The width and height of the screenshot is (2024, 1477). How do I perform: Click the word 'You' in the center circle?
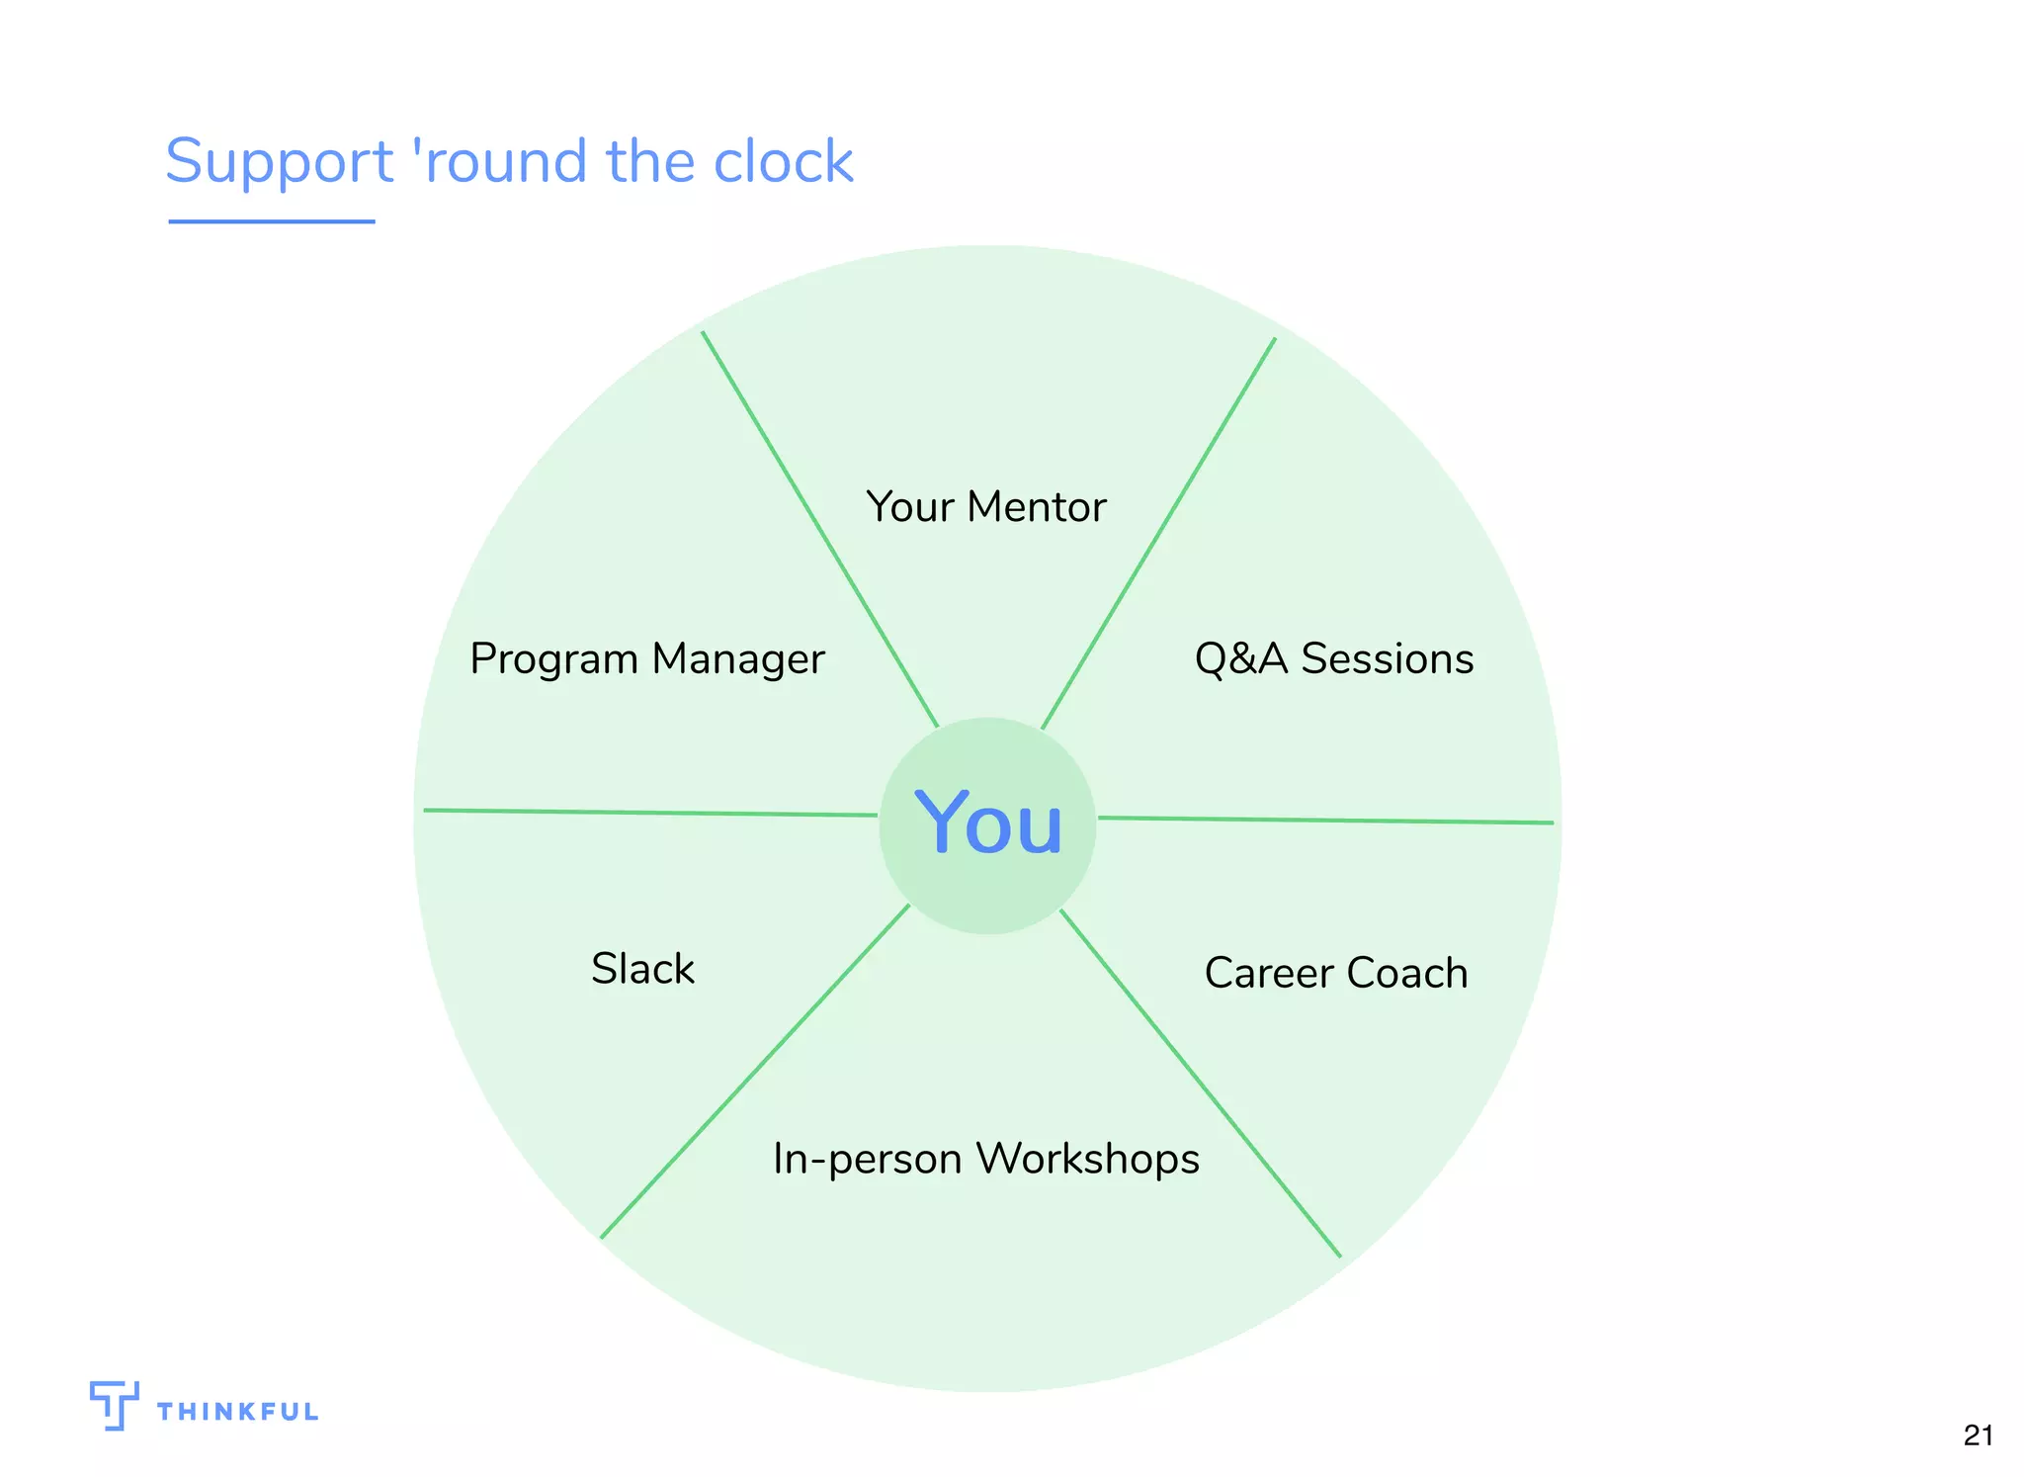[988, 824]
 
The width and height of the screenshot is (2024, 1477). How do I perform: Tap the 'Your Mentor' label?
[985, 507]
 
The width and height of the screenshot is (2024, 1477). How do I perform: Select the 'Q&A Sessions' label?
[1333, 659]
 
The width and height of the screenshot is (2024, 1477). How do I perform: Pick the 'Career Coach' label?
[1335, 973]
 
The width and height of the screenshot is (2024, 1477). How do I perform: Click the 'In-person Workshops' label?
[985, 1159]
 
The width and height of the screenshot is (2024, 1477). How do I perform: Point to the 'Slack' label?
[642, 969]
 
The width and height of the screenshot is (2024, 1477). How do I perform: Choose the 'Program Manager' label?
[646, 659]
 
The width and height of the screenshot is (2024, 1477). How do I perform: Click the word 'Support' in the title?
[280, 161]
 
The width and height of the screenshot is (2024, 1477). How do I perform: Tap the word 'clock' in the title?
[783, 161]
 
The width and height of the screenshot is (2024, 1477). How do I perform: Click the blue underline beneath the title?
[271, 221]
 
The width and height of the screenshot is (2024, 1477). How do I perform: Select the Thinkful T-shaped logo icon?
[113, 1405]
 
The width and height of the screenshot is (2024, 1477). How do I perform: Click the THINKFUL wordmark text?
[237, 1412]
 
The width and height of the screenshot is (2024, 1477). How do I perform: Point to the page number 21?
[1978, 1435]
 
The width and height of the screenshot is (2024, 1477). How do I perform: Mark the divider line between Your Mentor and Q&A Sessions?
[1158, 534]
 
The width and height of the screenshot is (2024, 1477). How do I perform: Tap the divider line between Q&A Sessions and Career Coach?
[1324, 820]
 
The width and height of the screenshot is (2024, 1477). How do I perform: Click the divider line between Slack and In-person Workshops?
[755, 1071]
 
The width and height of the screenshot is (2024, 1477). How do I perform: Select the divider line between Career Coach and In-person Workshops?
[1199, 1083]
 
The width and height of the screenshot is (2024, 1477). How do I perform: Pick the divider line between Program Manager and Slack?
[650, 813]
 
